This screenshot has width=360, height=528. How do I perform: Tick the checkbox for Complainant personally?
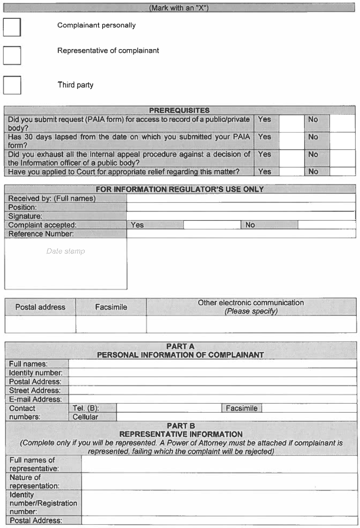tap(12, 27)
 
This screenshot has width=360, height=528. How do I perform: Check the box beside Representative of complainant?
tap(12, 55)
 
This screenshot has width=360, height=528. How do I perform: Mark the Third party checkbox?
tap(12, 85)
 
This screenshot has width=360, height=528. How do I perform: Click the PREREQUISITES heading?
tap(179, 110)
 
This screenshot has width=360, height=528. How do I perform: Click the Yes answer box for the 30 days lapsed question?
tap(292, 141)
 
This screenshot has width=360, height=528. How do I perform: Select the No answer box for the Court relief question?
tap(342, 172)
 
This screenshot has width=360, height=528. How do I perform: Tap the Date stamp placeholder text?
tap(65, 251)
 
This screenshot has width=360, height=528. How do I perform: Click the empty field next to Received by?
tap(241, 198)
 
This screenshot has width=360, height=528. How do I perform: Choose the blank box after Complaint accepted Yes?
tap(212, 225)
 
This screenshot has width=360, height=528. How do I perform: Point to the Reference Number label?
tap(41, 234)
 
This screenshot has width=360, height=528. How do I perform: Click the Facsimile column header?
tap(111, 307)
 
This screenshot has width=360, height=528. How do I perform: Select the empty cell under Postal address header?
tap(40, 324)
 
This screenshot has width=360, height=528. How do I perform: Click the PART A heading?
tap(180, 347)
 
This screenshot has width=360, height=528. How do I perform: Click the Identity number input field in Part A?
tap(212, 372)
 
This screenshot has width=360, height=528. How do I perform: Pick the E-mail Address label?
tap(35, 399)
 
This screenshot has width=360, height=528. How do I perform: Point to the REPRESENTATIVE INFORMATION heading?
tap(181, 434)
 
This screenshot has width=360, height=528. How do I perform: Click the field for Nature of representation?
tap(219, 481)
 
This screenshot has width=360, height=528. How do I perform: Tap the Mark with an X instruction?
tap(179, 8)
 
